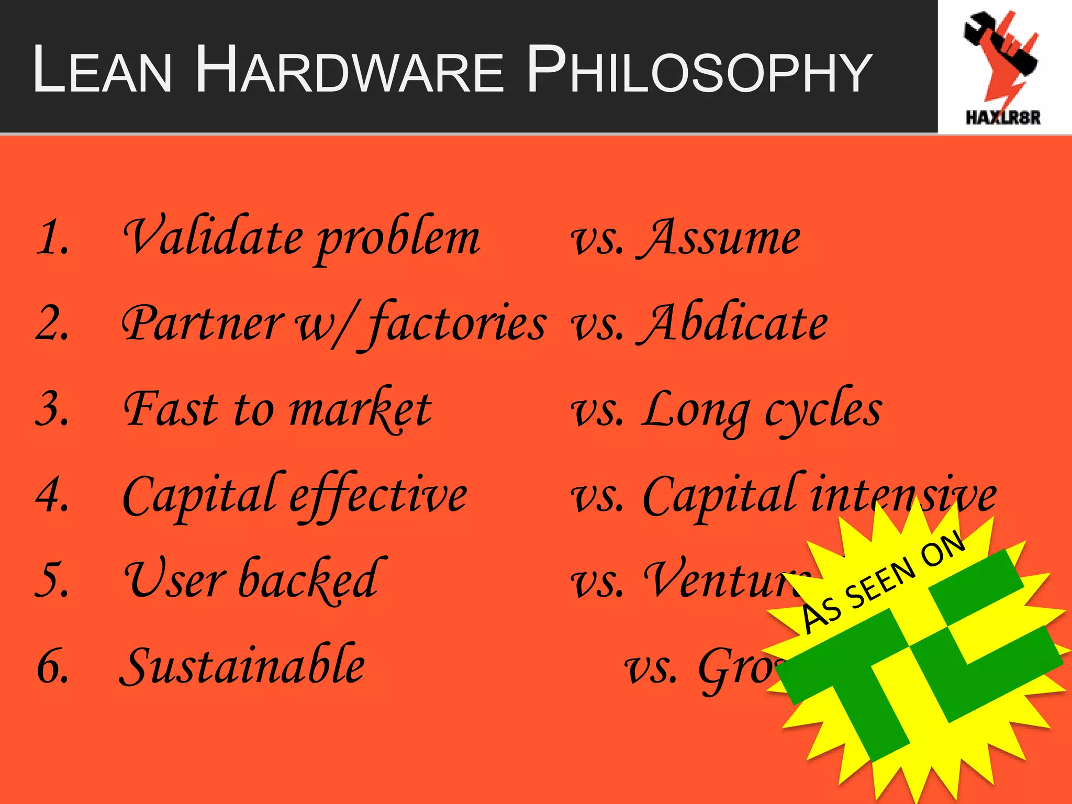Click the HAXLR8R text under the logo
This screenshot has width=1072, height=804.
coord(1003,117)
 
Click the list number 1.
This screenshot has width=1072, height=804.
coord(52,239)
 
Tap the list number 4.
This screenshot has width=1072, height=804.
coord(52,495)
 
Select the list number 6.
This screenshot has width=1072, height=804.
coord(52,666)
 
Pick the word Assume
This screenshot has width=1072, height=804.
coord(719,239)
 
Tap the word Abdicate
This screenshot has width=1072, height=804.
coord(733,323)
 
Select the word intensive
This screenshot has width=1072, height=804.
coord(902,495)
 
